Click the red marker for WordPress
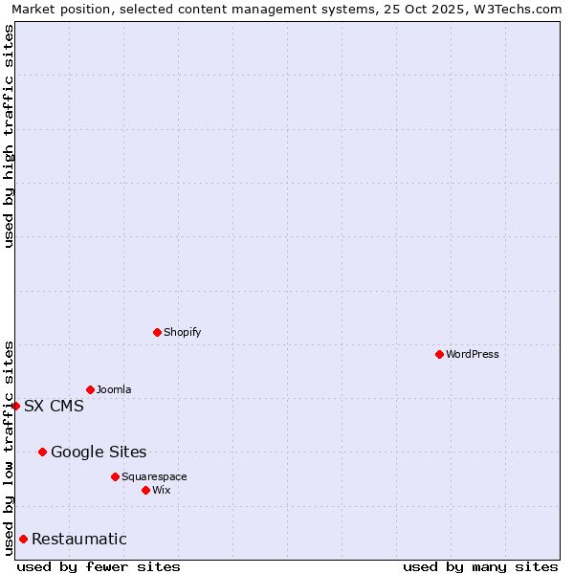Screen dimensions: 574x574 [x=439, y=354]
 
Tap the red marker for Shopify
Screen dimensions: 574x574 [x=157, y=332]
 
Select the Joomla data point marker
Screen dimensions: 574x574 [x=90, y=389]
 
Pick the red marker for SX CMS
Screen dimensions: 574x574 [x=15, y=406]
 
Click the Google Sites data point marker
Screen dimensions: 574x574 [x=42, y=452]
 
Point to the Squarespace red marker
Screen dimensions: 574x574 [x=115, y=476]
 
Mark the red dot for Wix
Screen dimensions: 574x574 [x=145, y=490]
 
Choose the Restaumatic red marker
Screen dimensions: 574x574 [x=23, y=539]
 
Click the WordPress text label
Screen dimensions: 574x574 [x=473, y=354]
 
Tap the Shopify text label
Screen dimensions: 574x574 [x=183, y=332]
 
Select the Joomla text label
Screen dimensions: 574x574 [x=114, y=389]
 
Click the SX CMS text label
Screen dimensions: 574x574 [x=54, y=406]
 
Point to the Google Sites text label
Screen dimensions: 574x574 [x=99, y=452]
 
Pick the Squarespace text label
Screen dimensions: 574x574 [x=154, y=476]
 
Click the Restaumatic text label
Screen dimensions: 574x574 [x=79, y=539]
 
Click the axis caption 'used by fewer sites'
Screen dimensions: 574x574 [x=99, y=566]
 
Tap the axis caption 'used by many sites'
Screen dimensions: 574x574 [x=480, y=566]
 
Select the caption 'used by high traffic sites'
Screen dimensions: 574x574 [x=9, y=136]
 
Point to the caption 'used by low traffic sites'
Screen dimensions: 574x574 [x=9, y=448]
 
